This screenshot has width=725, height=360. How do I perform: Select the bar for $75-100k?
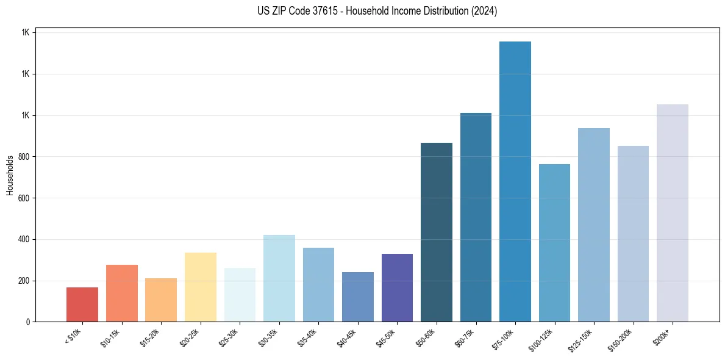[x=515, y=181]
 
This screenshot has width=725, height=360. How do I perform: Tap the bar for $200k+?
[x=673, y=213]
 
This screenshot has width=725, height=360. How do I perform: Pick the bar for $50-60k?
[x=437, y=232]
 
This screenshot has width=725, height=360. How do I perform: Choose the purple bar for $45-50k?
[x=397, y=287]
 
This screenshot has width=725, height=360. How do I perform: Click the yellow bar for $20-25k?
[x=201, y=287]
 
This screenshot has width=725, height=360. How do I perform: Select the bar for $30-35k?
[x=279, y=278]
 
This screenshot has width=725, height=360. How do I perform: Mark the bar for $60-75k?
[x=476, y=217]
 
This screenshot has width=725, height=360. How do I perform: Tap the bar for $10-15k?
[x=122, y=293]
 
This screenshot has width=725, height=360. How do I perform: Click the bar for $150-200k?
[x=633, y=234]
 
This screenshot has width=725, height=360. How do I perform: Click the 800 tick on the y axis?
[x=25, y=157]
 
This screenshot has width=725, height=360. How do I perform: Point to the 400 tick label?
[x=25, y=239]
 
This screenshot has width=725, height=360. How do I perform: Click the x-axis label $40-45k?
[x=346, y=337]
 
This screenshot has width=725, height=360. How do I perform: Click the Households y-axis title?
[x=10, y=176]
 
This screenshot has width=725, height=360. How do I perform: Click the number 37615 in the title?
[x=332, y=11]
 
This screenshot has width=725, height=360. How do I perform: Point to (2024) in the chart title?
[x=484, y=11]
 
